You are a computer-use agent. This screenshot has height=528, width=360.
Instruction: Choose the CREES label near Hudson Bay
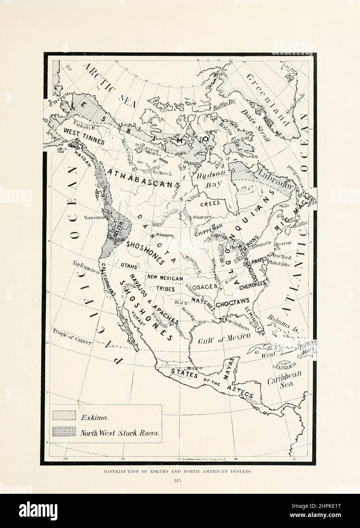pyautogui.click(x=210, y=203)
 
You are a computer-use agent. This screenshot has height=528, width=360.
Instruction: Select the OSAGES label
pyautogui.click(x=205, y=286)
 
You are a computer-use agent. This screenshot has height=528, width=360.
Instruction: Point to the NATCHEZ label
pyautogui.click(x=203, y=300)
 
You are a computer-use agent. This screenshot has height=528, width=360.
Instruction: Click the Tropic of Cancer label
pyautogui.click(x=72, y=336)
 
